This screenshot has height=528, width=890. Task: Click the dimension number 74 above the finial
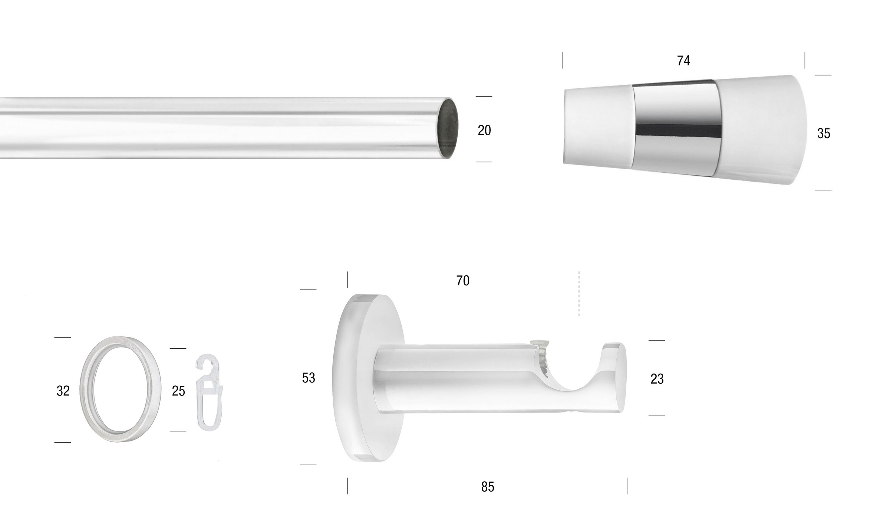[683, 61]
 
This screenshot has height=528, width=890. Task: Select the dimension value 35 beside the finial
[824, 134]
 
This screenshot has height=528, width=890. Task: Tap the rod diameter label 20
[484, 130]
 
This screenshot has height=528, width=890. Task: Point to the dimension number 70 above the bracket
[463, 281]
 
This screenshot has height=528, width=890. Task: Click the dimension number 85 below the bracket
[488, 487]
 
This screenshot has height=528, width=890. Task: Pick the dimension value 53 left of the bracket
[309, 378]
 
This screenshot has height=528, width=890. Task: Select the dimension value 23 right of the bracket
[657, 379]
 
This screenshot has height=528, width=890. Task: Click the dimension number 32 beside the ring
[63, 391]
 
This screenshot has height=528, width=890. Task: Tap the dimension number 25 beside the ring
[178, 391]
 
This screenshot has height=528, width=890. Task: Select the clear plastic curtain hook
[209, 392]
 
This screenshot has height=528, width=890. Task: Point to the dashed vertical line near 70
[579, 293]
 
